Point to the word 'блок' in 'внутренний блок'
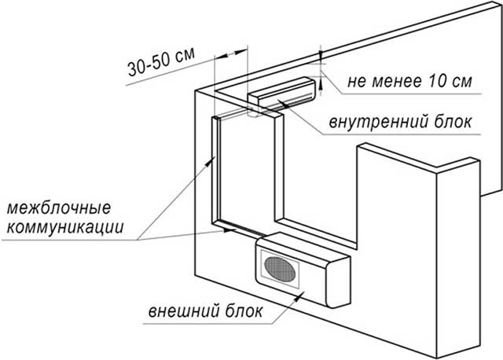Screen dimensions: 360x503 pyautogui.click(x=453, y=123)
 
